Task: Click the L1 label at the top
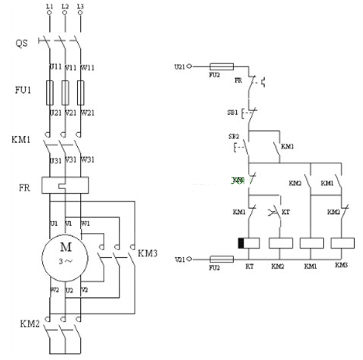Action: click(x=49, y=6)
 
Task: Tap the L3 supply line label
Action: click(x=79, y=6)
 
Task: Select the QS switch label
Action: click(x=22, y=43)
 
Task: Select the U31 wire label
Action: click(x=55, y=160)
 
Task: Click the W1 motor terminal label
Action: click(x=84, y=224)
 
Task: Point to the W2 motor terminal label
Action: click(x=54, y=289)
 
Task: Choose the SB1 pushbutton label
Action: click(x=232, y=112)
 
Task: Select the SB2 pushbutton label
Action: click(x=234, y=137)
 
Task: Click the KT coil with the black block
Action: click(x=250, y=243)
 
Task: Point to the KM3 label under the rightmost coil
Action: click(x=342, y=266)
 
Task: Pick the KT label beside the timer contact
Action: click(x=285, y=213)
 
